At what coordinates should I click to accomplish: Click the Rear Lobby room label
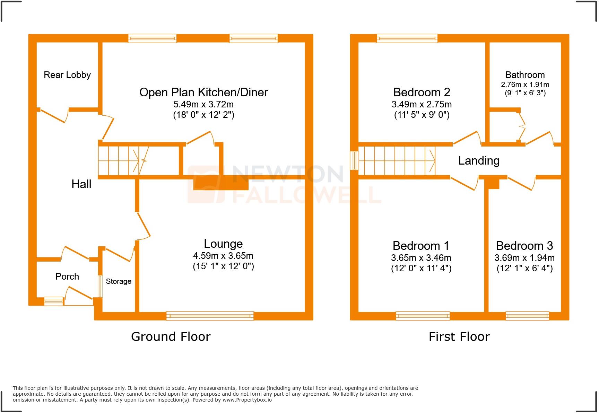point(67,75)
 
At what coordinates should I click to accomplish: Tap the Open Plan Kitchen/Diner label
point(203,92)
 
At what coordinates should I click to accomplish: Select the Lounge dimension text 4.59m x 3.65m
point(223,256)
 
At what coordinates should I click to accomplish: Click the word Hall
point(81,184)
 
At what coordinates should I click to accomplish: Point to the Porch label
point(67,276)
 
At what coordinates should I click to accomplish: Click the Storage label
point(119,281)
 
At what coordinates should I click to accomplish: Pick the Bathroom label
point(525,75)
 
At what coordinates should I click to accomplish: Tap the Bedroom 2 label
point(422,92)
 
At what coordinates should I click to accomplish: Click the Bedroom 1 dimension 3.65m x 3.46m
point(421,258)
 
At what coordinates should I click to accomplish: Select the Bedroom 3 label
point(524,246)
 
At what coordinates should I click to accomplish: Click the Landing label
point(479,160)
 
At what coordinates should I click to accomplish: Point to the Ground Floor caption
point(171,337)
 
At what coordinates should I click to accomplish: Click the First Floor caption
point(459,337)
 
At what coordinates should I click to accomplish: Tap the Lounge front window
point(210,316)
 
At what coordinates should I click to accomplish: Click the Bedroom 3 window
point(527,316)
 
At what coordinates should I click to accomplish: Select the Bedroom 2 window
point(407,38)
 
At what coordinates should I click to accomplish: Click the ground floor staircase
point(123,161)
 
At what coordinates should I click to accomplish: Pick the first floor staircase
point(397,161)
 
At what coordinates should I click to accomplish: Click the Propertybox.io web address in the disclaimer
point(247,400)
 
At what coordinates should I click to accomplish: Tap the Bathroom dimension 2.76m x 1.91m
point(525,85)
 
